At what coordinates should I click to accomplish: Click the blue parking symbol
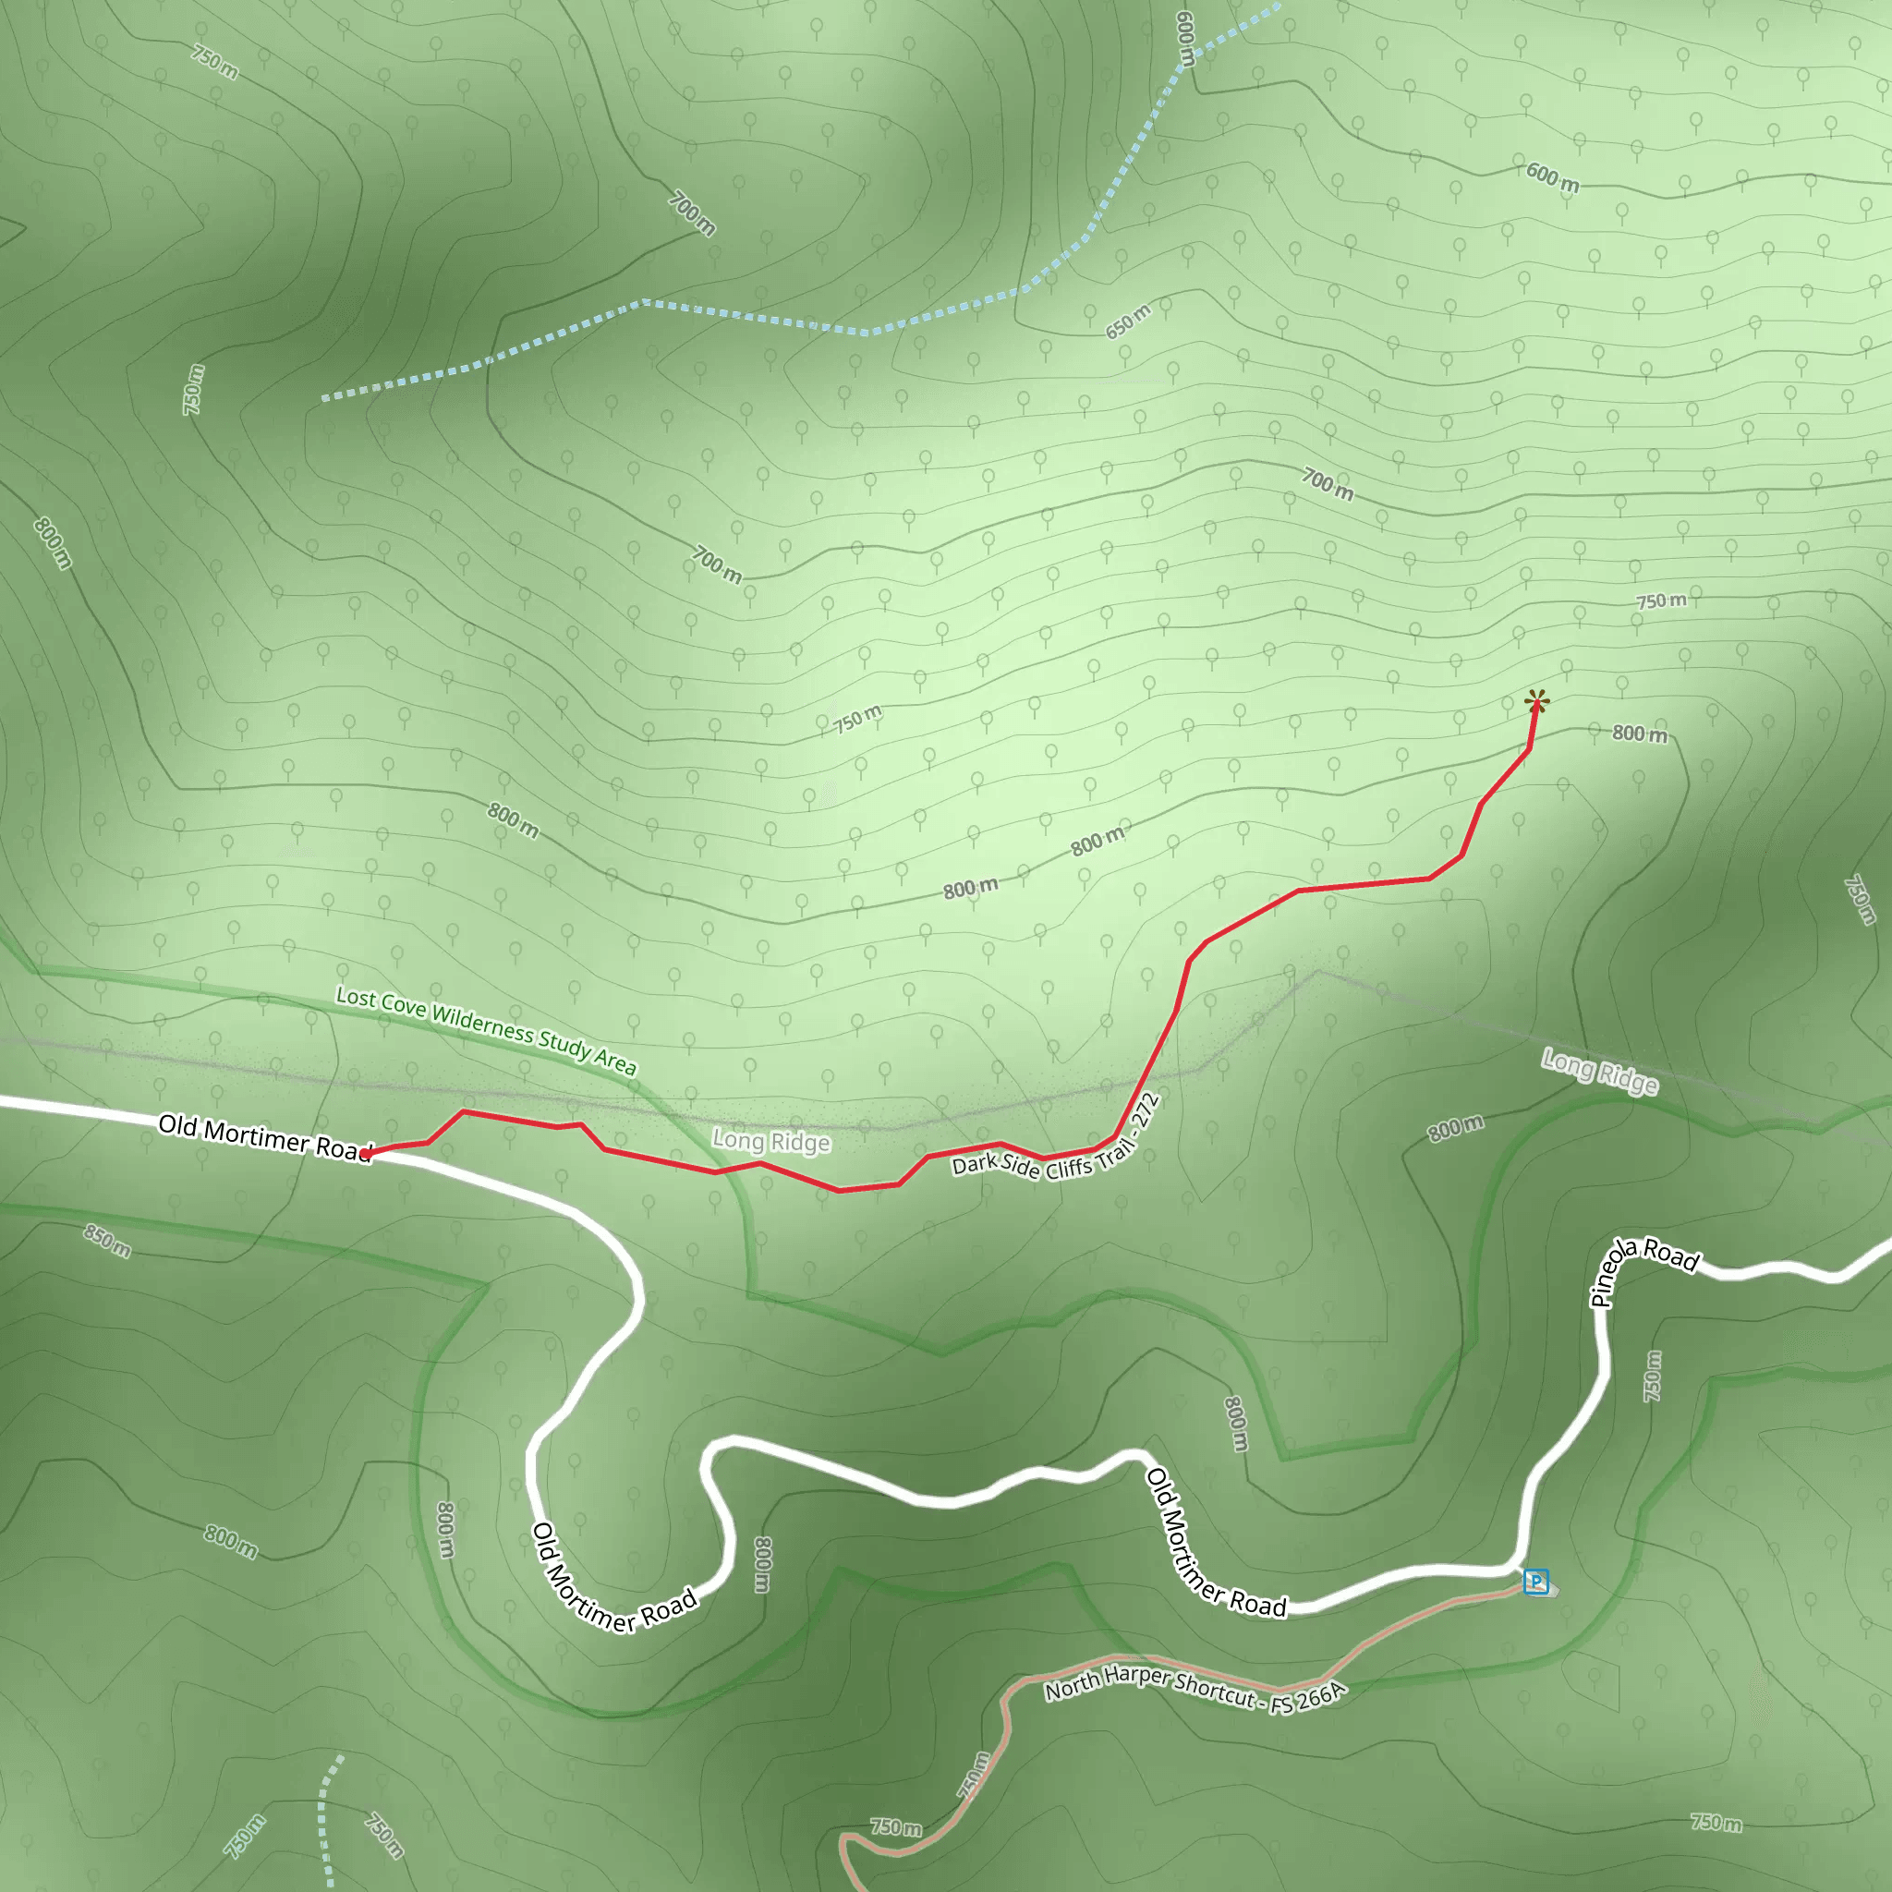pos(1535,1582)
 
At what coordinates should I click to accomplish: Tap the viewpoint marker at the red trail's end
pos(1536,701)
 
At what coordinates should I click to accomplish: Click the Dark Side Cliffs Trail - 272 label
pos(1057,1142)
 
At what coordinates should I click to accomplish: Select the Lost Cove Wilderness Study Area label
pos(486,1029)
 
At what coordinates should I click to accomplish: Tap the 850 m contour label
pos(107,1241)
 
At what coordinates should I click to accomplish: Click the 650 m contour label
pos(1128,321)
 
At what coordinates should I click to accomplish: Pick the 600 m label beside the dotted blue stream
pos(1185,39)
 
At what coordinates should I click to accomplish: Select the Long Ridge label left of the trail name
pos(770,1141)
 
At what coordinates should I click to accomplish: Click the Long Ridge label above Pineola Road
pos(1599,1071)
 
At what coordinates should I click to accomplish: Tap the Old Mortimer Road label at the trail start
pos(264,1137)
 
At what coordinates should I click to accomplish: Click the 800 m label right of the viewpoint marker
pos(1640,734)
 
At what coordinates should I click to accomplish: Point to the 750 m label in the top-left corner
pos(214,62)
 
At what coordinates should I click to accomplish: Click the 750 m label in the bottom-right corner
pos(1716,1823)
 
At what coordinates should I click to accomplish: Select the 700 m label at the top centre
pos(692,213)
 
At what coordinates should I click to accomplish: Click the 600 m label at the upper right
pos(1552,177)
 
